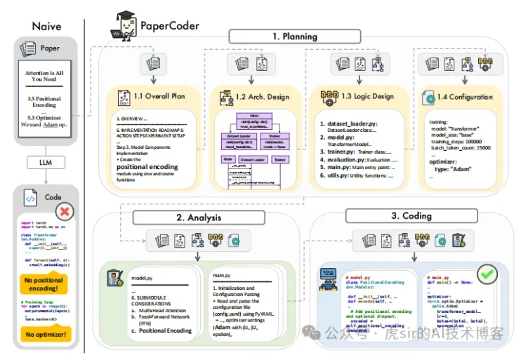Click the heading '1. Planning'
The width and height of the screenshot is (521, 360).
coord(294,36)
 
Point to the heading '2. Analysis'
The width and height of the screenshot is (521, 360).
coord(199,217)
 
